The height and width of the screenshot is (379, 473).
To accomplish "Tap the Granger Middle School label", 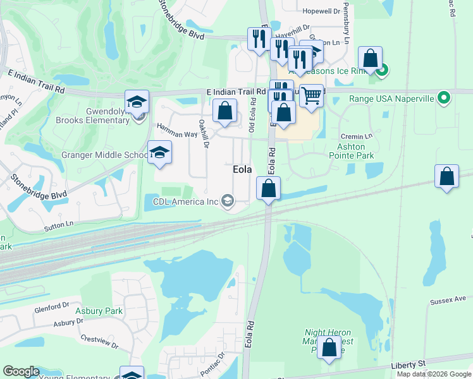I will [x=104, y=155].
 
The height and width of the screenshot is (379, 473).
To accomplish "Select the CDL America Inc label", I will [x=185, y=202].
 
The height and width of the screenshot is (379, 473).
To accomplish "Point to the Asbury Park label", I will [x=99, y=311].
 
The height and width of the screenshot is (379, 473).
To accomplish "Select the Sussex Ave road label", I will [x=450, y=299].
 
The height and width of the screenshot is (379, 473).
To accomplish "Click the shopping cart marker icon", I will [x=311, y=95].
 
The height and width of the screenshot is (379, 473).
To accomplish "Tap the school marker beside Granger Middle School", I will [x=159, y=152].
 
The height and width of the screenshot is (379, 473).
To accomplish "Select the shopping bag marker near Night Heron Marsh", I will [x=329, y=347].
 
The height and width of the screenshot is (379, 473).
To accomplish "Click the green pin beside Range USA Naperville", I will [x=443, y=98].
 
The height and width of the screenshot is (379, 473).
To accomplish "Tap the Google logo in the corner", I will [x=21, y=371].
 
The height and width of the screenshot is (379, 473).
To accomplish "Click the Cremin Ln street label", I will [x=353, y=136].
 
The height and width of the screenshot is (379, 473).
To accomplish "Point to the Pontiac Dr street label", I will [x=212, y=364].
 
